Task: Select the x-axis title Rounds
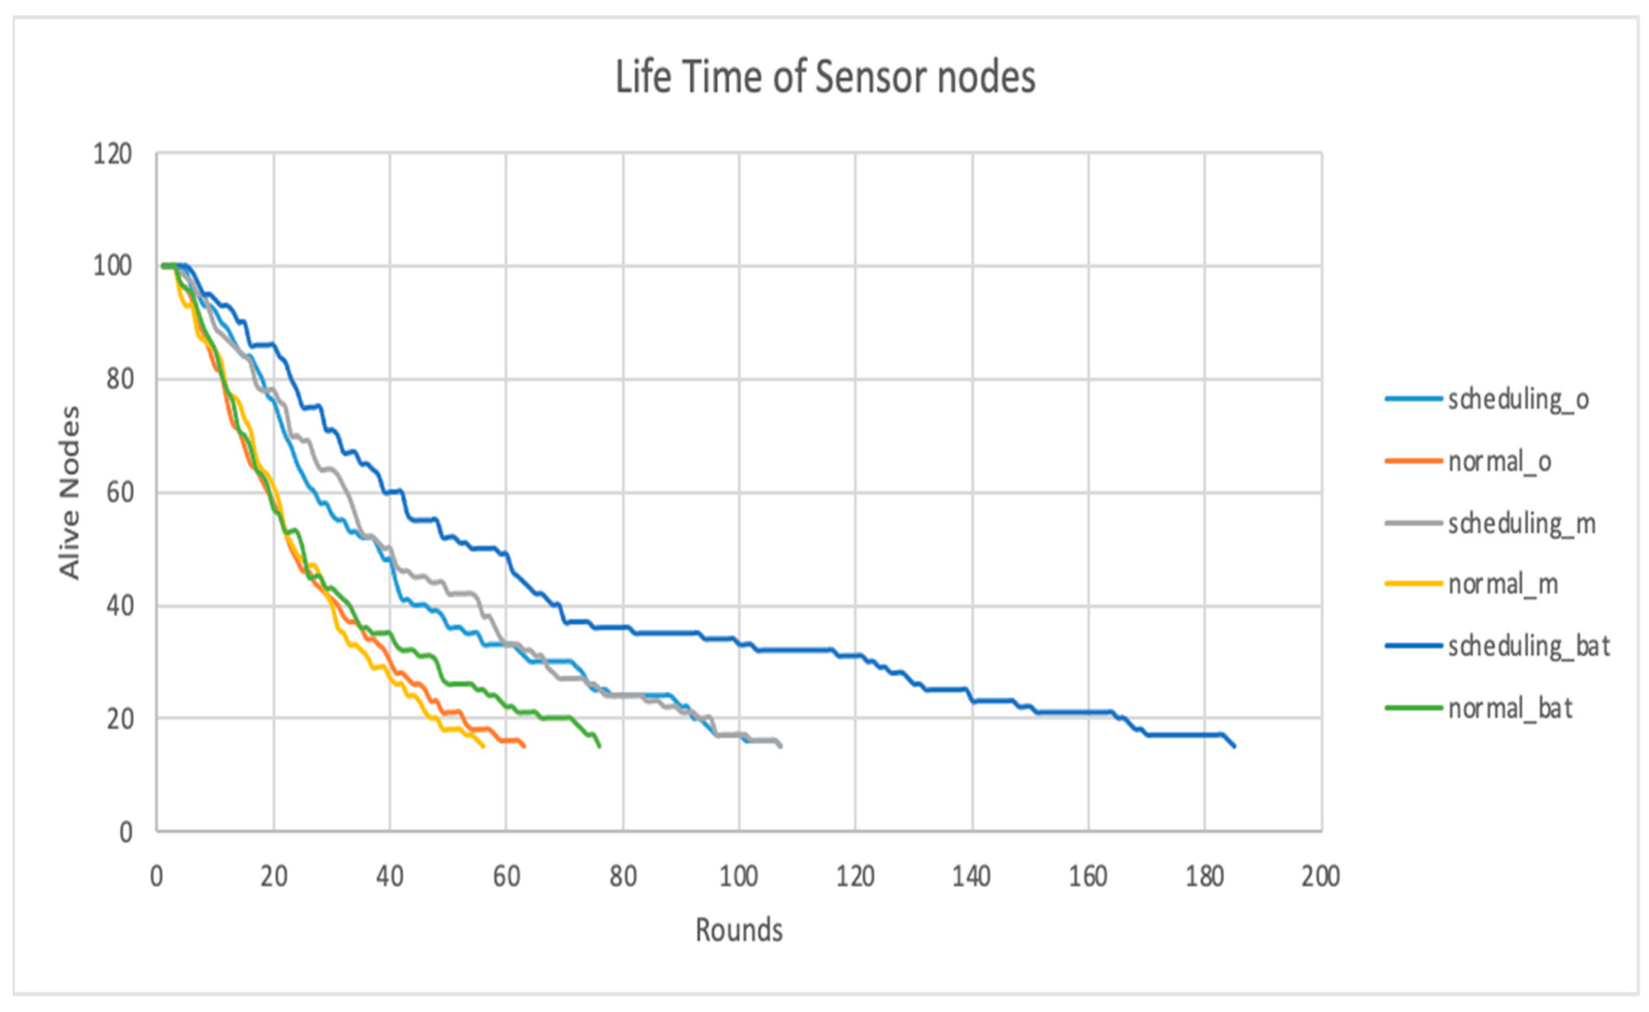739,930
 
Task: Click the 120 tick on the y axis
112,154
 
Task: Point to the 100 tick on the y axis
112,267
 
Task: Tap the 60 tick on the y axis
119,493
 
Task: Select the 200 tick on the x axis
1320,876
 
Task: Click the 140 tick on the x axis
971,876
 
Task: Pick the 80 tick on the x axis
622,876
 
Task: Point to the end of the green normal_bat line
600,746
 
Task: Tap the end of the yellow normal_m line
483,747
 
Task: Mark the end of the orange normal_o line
524,746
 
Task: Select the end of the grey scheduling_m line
780,746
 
